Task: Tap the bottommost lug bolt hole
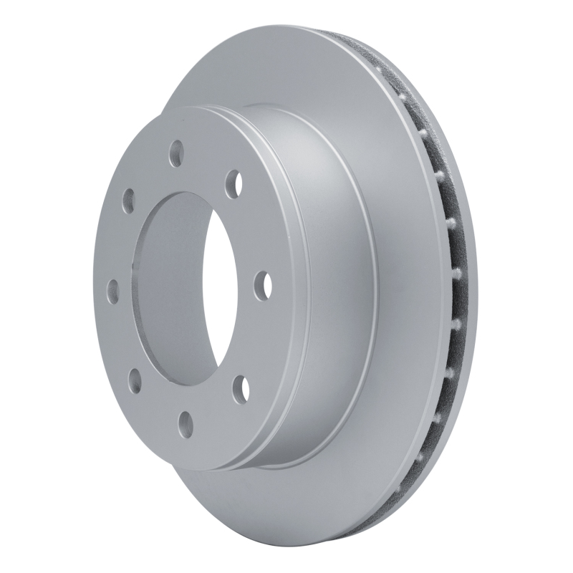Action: (186, 420)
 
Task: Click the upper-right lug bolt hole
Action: (233, 183)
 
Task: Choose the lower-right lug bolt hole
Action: (244, 387)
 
